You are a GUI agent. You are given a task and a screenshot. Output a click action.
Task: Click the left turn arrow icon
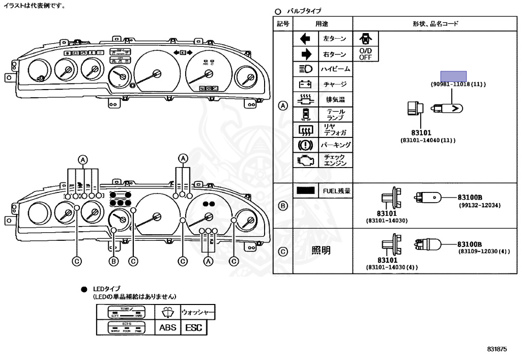(306, 39)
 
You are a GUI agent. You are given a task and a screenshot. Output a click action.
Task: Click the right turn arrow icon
(306, 54)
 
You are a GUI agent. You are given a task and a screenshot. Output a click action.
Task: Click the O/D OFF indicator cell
(365, 54)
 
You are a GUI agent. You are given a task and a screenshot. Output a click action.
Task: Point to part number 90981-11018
(458, 84)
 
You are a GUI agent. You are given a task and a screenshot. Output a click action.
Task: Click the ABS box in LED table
(167, 327)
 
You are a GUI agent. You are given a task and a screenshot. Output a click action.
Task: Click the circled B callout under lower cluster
(113, 261)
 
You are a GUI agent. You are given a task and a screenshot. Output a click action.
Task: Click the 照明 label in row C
(321, 251)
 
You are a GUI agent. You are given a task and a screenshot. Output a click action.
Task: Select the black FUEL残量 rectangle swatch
(306, 190)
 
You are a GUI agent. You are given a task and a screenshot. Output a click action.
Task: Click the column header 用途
(322, 23)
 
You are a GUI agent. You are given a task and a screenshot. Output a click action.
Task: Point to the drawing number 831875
(497, 349)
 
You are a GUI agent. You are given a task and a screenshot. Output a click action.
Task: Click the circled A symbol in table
(283, 106)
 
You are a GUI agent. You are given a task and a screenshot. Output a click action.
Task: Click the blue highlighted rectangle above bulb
(453, 76)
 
